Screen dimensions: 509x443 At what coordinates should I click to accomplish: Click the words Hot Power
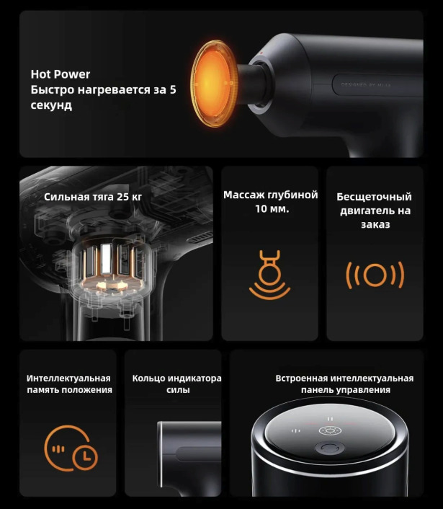[60, 74]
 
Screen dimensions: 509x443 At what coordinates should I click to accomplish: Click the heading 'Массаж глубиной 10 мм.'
[270, 202]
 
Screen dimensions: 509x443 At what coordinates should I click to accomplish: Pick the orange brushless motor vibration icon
[375, 275]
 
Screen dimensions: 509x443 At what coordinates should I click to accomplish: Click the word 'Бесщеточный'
[374, 196]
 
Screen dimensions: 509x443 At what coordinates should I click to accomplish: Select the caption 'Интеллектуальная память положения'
[69, 384]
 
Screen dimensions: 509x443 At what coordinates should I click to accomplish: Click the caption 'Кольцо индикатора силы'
[176, 384]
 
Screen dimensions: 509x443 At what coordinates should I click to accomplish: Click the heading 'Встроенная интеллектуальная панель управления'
[344, 384]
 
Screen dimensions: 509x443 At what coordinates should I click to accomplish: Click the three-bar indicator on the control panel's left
[295, 432]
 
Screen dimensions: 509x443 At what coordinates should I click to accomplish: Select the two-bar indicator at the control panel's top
[330, 419]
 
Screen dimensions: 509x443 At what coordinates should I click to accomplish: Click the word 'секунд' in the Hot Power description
[51, 105]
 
